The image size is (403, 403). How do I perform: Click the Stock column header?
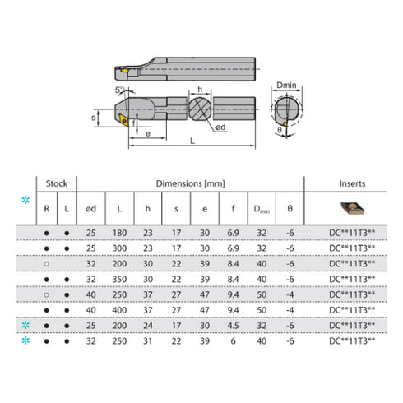[x=56, y=185]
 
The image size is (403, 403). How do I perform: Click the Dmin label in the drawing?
[x=286, y=85]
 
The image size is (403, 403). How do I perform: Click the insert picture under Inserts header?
[x=351, y=209]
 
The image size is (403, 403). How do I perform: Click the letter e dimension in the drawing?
[x=148, y=132]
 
